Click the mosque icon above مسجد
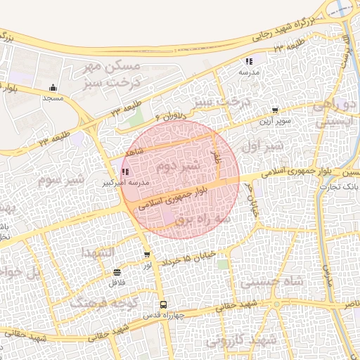53,88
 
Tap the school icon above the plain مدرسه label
249,62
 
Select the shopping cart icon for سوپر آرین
274,110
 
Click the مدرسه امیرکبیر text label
126,181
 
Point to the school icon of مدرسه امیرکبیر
125,172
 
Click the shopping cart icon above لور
146,255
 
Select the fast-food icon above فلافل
117,272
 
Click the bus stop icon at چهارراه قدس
163,304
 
